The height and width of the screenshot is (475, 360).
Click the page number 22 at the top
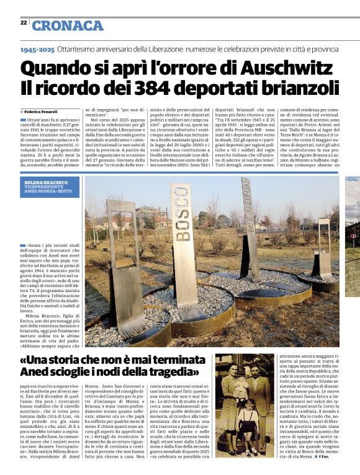coord(24,22)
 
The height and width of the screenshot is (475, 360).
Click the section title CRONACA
coord(68,25)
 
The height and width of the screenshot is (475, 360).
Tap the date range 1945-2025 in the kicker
coord(37,48)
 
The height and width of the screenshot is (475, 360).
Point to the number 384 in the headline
coord(153,88)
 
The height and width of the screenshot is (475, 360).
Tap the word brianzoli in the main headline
coord(297,88)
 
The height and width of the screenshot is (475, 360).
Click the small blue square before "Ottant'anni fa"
coord(23,119)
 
